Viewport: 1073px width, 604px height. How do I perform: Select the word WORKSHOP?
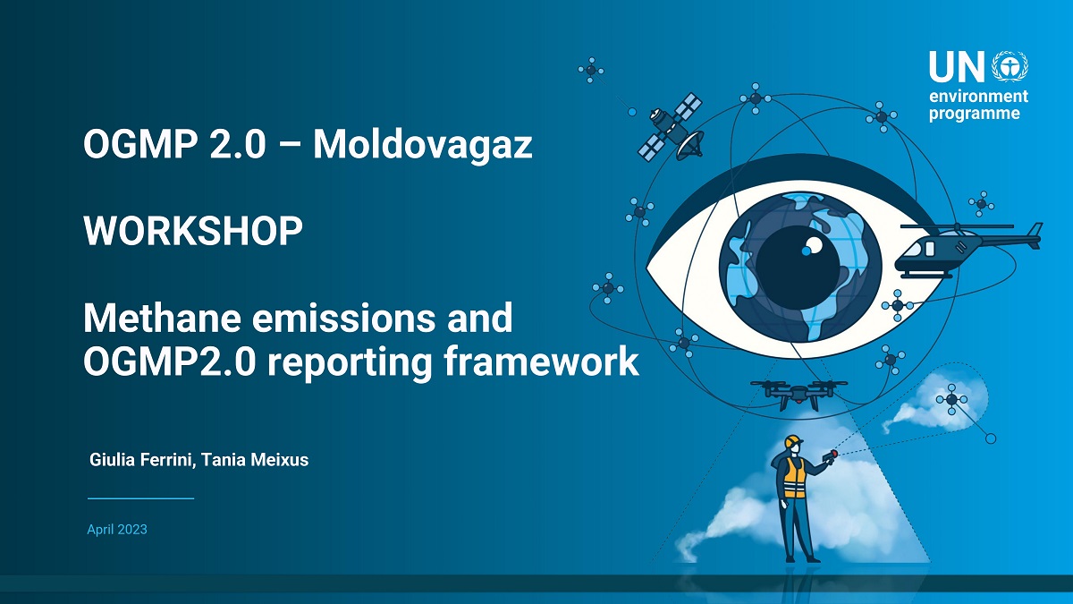tap(193, 231)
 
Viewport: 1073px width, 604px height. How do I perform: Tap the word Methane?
tap(162, 319)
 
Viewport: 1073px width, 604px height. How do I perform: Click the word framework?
tap(541, 362)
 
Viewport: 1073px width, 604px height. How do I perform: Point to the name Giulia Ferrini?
tap(142, 460)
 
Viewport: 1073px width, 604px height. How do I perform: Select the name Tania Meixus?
tap(255, 460)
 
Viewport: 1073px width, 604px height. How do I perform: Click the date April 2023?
tap(117, 529)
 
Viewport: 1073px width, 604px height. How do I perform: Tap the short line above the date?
tap(141, 498)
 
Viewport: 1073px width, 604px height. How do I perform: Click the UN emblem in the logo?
tap(1010, 68)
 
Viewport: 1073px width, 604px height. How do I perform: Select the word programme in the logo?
tap(975, 115)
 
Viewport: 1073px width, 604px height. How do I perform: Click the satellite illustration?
tap(671, 127)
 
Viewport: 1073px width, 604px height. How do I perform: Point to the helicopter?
tap(968, 250)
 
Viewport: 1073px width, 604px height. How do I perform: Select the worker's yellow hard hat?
tap(794, 440)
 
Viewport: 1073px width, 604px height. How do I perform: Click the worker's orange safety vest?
tap(794, 478)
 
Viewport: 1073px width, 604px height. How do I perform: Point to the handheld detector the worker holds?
tap(831, 455)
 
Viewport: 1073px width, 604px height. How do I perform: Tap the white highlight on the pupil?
tap(812, 246)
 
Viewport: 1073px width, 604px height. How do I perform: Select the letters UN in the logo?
tap(957, 67)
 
